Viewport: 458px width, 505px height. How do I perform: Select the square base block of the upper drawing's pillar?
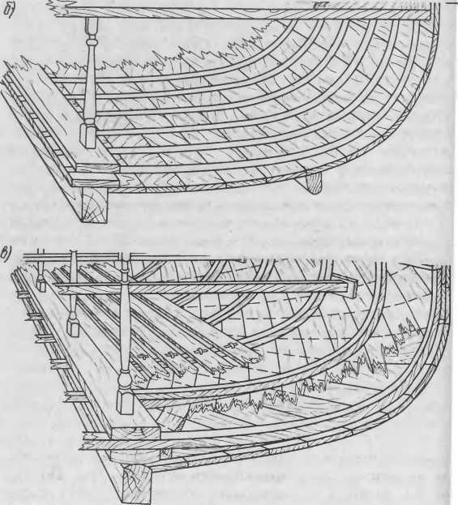click(x=88, y=135)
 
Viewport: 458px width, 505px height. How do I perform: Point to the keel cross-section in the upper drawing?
click(x=94, y=204)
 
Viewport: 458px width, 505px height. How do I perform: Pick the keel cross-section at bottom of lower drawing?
click(x=137, y=483)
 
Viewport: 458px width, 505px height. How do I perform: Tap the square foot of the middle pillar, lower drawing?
click(x=73, y=327)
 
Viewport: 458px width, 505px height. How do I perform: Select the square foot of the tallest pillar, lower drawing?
click(x=125, y=401)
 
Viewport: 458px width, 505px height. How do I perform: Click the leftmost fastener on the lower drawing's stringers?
click(x=143, y=357)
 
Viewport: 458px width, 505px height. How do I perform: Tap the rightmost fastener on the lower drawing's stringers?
click(x=231, y=346)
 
